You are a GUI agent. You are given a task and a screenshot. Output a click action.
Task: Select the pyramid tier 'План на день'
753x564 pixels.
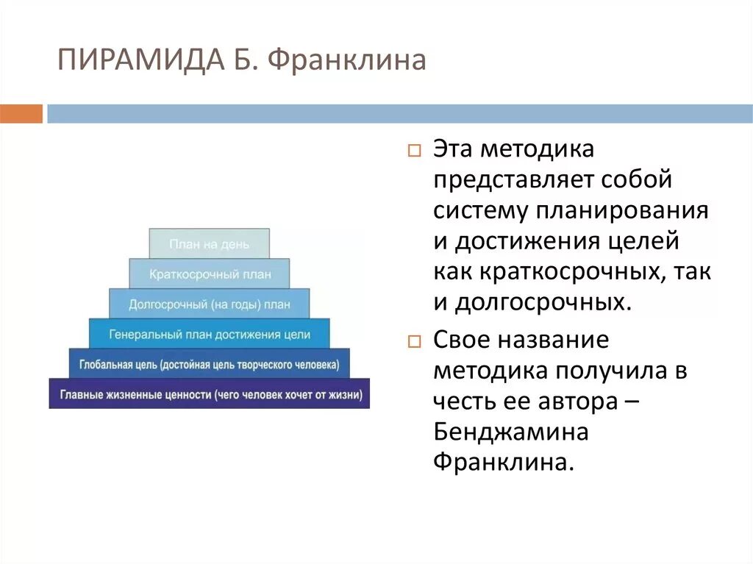[210, 243]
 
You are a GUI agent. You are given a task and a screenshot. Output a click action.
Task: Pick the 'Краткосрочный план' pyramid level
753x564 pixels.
[210, 274]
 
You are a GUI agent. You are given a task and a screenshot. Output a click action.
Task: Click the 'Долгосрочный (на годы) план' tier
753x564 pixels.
[210, 304]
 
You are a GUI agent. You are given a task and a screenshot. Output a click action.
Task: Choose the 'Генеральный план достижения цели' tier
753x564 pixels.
[210, 334]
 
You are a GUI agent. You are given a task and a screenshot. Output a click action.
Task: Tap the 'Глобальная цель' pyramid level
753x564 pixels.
[210, 364]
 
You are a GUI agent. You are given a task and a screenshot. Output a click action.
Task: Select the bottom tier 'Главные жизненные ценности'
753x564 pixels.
[210, 394]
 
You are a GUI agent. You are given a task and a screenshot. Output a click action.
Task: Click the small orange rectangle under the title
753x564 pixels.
[21, 114]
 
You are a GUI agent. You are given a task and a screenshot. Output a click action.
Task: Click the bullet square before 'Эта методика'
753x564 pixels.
[413, 151]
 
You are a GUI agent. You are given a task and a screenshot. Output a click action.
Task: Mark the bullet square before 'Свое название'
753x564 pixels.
[413, 342]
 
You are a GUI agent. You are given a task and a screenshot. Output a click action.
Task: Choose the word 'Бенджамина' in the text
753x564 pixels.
[510, 432]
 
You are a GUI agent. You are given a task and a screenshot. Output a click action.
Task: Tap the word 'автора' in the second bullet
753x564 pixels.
[574, 401]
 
